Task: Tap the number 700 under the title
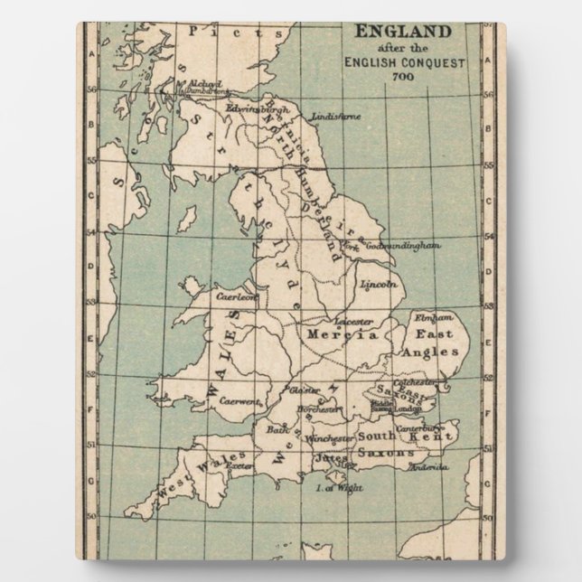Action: [402, 76]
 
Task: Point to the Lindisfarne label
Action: [335, 117]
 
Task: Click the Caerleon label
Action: [237, 295]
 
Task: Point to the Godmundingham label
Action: [403, 245]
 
